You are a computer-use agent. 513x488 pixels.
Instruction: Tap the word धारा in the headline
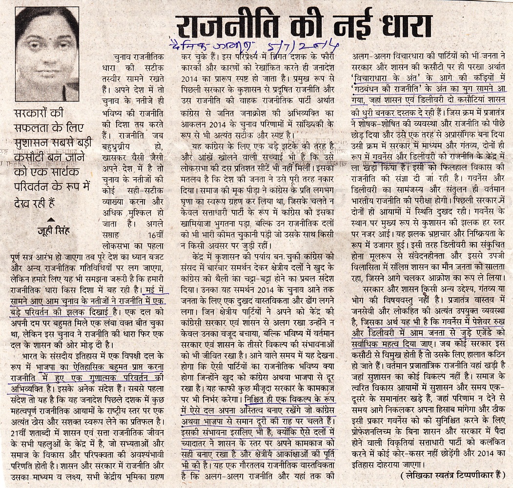400,25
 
